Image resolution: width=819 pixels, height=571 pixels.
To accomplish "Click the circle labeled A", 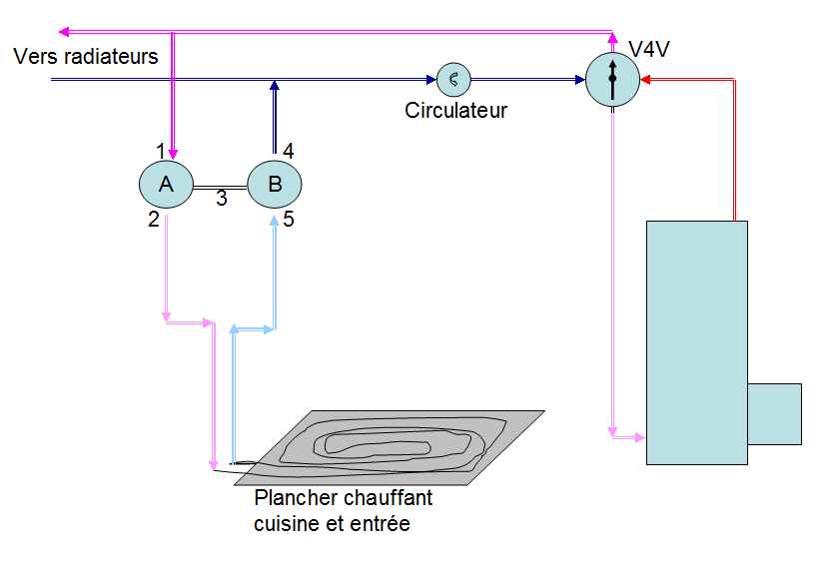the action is click(x=166, y=185).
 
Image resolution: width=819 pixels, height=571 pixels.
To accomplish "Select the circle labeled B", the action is click(x=275, y=185).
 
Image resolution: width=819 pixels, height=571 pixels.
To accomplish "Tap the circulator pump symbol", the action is click(x=453, y=80).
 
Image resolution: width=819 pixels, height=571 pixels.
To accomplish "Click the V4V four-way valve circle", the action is click(x=612, y=80).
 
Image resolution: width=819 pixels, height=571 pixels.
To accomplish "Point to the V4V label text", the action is click(x=649, y=50).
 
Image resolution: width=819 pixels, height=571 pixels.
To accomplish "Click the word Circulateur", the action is click(x=456, y=110).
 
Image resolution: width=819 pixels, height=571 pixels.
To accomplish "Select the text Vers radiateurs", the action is click(x=86, y=56).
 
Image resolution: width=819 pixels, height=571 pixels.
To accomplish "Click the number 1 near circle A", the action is click(x=161, y=152).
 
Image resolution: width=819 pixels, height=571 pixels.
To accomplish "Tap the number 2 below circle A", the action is click(x=153, y=220).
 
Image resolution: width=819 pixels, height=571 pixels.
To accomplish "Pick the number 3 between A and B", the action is click(x=222, y=199).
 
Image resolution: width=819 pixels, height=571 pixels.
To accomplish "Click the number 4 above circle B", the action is click(x=289, y=152).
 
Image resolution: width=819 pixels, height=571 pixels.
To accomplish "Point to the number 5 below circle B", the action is click(x=289, y=220).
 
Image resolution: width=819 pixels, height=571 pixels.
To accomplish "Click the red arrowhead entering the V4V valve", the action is click(x=645, y=80).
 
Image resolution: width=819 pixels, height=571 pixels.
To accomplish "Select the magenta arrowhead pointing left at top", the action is click(x=64, y=32).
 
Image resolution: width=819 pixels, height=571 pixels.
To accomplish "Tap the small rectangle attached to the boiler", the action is click(x=775, y=414).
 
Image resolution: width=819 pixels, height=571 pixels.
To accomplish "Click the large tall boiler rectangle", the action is click(x=697, y=342).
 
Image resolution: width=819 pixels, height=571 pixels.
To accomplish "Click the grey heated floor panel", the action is click(x=390, y=448).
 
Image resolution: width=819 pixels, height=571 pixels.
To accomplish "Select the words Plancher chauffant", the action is click(x=344, y=498).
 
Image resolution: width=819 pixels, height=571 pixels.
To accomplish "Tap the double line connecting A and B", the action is click(x=220, y=187).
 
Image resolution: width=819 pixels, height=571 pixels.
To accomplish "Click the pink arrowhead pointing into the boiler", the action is click(x=640, y=437).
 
